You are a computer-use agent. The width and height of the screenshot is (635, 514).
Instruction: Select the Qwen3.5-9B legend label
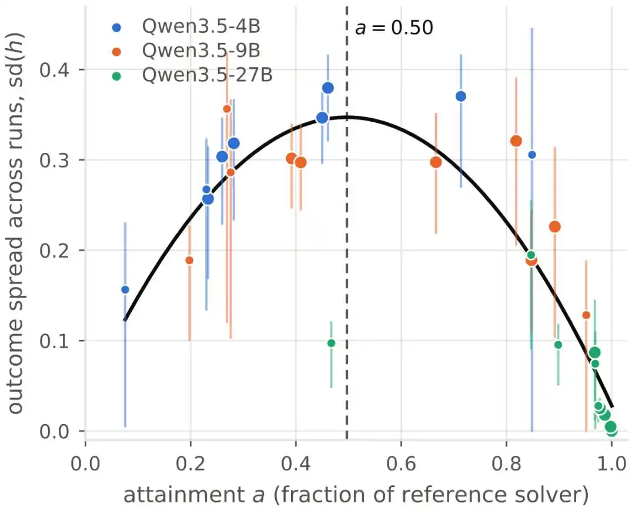pos(201,51)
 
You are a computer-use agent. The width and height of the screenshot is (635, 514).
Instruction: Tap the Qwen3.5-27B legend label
pos(208,75)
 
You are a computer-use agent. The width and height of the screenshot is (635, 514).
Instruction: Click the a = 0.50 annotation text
pos(394,28)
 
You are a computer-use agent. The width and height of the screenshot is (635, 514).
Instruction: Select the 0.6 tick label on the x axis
pos(401,464)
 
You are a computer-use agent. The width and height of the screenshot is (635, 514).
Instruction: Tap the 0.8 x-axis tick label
pos(506,464)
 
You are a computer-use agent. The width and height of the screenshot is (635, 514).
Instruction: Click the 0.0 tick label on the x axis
pos(85,464)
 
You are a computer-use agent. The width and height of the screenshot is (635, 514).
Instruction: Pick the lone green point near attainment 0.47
pos(331,343)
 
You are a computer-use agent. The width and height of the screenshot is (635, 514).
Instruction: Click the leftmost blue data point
pos(125,289)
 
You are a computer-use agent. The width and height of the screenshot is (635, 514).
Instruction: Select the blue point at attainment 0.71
pos(460,96)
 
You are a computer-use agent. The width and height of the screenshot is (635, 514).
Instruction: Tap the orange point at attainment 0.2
pos(189,260)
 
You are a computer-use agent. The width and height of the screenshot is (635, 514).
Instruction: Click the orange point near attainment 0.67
pos(436,162)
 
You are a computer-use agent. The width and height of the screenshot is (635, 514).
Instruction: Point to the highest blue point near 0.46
pos(328,88)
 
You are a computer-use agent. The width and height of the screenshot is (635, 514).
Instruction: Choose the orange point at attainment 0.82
pos(516,141)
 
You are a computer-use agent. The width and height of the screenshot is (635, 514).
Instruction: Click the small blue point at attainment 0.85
pos(532,155)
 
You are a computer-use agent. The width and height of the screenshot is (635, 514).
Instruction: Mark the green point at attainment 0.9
pos(558,345)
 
